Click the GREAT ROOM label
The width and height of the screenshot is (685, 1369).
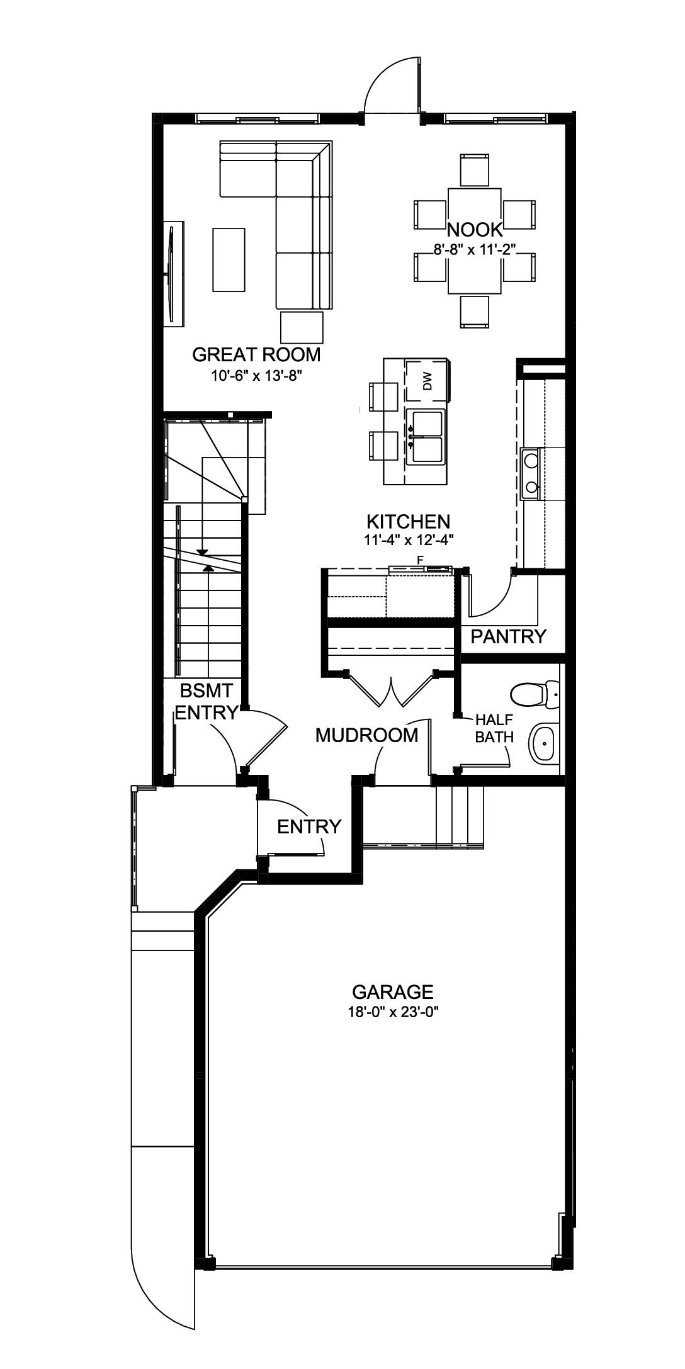[256, 355]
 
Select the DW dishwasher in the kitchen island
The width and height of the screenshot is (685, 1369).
[426, 381]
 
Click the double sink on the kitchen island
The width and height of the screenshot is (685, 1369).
[426, 436]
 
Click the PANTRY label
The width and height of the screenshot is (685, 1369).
[509, 637]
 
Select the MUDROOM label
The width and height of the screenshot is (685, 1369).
[366, 735]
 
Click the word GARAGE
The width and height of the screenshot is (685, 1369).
[392, 992]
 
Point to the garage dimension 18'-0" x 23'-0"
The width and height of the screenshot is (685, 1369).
[393, 1012]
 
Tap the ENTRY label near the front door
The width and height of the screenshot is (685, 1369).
[309, 826]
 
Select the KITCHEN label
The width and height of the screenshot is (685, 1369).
[408, 521]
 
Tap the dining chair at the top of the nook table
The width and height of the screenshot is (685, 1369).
[475, 169]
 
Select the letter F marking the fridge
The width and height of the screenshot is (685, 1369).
[419, 558]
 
